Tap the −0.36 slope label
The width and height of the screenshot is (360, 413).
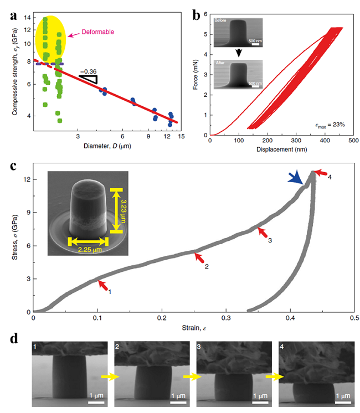(x=88, y=71)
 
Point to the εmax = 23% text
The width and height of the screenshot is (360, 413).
(x=327, y=125)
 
